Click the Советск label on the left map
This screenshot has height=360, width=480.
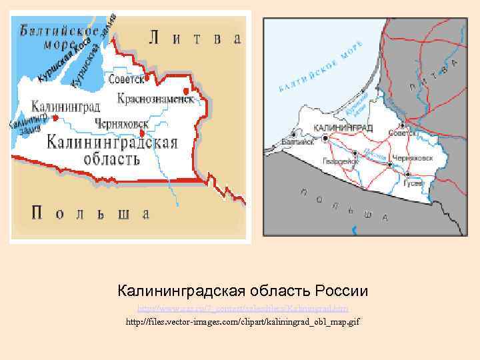tap(127, 79)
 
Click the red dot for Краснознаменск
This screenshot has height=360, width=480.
tap(185, 91)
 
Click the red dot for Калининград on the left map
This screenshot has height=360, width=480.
tap(55, 118)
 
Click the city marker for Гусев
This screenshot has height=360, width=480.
tap(406, 174)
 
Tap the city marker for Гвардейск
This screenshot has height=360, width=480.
tap(354, 154)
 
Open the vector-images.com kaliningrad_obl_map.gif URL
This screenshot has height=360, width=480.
tap(243, 322)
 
